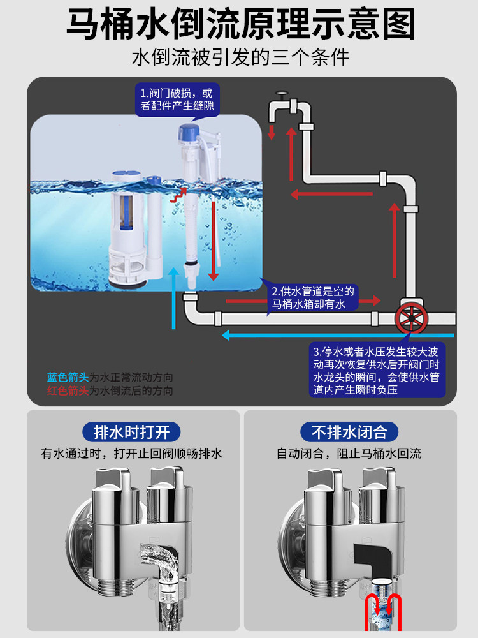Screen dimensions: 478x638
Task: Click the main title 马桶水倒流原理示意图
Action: click(x=241, y=24)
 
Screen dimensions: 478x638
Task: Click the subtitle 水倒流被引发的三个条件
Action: click(x=241, y=57)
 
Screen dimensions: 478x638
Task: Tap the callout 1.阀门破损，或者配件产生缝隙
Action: click(x=177, y=100)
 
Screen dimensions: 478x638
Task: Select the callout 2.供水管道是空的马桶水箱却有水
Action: click(x=312, y=297)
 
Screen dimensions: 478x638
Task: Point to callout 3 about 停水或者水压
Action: click(x=377, y=371)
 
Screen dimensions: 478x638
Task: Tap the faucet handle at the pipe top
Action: click(x=281, y=94)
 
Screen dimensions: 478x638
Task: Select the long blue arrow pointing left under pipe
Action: click(x=338, y=336)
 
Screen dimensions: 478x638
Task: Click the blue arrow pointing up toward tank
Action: click(x=174, y=298)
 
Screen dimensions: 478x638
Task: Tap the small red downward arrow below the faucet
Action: click(x=272, y=132)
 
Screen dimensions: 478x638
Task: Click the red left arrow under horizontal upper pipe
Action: click(x=331, y=194)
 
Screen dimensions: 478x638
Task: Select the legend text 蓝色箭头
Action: click(x=68, y=377)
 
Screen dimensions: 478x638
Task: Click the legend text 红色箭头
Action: click(x=68, y=390)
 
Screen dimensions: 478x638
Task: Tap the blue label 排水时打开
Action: click(x=131, y=432)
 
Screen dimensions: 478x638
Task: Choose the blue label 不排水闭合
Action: click(x=349, y=432)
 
